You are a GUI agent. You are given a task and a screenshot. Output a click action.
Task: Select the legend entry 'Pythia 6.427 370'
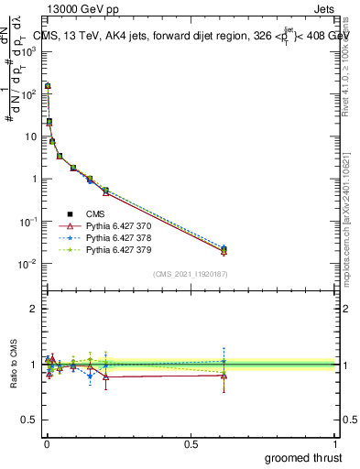coord(116,225)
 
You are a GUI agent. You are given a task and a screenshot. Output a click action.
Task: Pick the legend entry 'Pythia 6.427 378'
coord(116,236)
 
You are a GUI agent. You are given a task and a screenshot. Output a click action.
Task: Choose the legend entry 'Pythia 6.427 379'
coord(116,248)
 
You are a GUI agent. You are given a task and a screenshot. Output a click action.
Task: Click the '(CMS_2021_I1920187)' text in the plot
coord(191,275)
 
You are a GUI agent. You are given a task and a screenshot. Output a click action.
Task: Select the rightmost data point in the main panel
coord(224,250)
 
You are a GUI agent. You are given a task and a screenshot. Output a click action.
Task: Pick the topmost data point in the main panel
coord(48,86)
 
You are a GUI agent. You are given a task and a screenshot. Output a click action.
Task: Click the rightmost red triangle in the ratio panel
coord(224,376)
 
